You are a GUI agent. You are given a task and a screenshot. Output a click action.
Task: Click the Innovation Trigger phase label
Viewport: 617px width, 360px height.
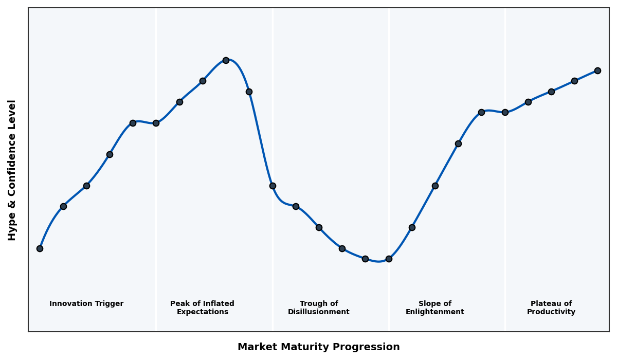[86, 304]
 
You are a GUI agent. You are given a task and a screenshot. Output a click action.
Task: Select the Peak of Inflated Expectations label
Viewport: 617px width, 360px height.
[202, 308]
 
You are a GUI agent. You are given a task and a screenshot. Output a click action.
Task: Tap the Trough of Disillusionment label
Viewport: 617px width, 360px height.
[318, 308]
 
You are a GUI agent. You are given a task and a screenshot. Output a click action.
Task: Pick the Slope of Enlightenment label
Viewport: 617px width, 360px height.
[434, 308]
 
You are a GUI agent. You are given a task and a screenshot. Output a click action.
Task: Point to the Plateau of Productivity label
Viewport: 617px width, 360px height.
[551, 308]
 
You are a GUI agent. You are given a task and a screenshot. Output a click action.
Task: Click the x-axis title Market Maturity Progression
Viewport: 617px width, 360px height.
[318, 347]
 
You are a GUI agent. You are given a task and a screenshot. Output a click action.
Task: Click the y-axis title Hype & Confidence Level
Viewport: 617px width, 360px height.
[12, 170]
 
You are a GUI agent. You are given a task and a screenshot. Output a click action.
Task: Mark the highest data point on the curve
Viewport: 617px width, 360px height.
[226, 60]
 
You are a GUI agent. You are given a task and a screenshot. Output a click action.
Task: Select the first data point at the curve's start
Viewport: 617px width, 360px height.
[40, 248]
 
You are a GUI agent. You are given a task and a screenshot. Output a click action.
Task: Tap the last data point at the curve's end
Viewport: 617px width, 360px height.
[597, 70]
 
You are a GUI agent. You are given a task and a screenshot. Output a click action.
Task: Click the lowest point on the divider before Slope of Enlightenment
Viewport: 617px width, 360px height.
[389, 259]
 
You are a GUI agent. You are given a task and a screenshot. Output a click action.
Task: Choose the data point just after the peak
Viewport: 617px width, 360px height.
[249, 92]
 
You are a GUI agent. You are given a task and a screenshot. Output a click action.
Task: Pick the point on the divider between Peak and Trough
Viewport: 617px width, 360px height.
[273, 186]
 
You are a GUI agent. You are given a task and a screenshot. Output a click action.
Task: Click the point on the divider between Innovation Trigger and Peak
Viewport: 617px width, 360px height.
[156, 123]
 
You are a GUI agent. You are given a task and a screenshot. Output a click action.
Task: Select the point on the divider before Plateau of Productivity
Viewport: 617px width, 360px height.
[505, 112]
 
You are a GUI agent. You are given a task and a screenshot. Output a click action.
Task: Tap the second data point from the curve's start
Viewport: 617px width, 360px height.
[63, 206]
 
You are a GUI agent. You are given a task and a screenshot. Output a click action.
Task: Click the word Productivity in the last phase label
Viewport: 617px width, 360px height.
[551, 312]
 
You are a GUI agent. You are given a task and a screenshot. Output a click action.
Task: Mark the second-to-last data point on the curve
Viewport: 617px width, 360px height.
[574, 81]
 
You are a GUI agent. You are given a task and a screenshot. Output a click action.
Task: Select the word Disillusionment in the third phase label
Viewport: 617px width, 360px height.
[318, 312]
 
